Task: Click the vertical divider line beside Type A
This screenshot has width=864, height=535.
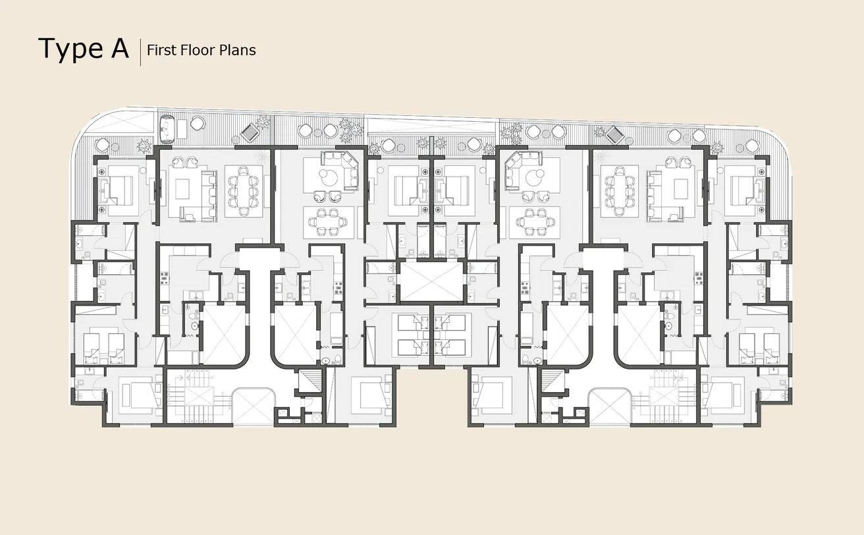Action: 140,51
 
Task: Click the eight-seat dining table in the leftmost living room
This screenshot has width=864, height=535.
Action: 244,190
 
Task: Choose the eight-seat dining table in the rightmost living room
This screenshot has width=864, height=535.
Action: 620,190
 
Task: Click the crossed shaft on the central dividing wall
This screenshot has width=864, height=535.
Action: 431,282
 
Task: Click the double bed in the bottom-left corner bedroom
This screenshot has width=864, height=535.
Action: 140,395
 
